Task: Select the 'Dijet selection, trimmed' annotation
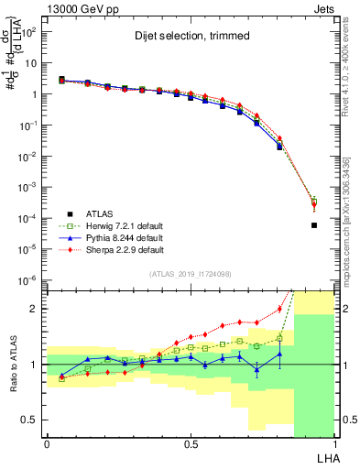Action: tap(171, 38)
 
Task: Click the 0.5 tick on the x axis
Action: tap(191, 444)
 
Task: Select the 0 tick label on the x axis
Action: tap(47, 444)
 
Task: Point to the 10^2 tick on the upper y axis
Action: tap(28, 32)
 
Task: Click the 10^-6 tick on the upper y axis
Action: tap(27, 280)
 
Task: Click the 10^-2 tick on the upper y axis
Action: tap(27, 157)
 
